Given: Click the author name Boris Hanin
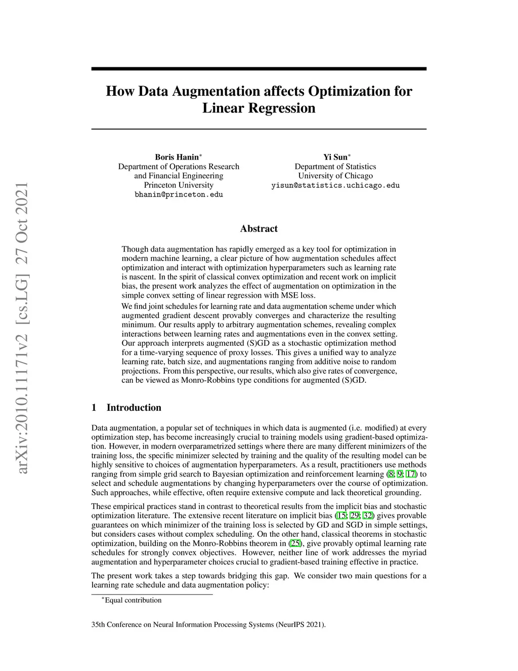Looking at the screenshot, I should point(177,157).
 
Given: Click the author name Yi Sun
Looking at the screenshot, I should point(335,157).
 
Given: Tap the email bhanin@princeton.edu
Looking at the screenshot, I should point(179,194).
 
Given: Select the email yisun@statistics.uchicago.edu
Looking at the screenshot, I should point(335,185).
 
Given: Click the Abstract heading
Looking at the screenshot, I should point(258,229).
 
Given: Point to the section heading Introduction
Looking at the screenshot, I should point(134,408).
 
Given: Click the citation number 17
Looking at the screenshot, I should point(411,475).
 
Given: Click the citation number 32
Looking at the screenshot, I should point(368,516).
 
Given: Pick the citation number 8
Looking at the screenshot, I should point(390,475).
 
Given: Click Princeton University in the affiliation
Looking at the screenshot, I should point(179,185).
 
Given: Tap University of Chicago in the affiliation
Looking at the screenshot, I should point(335,176).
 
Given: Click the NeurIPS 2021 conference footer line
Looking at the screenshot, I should point(208,624).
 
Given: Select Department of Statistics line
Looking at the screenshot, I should point(335,167).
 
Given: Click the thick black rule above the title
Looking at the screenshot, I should point(258,68).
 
